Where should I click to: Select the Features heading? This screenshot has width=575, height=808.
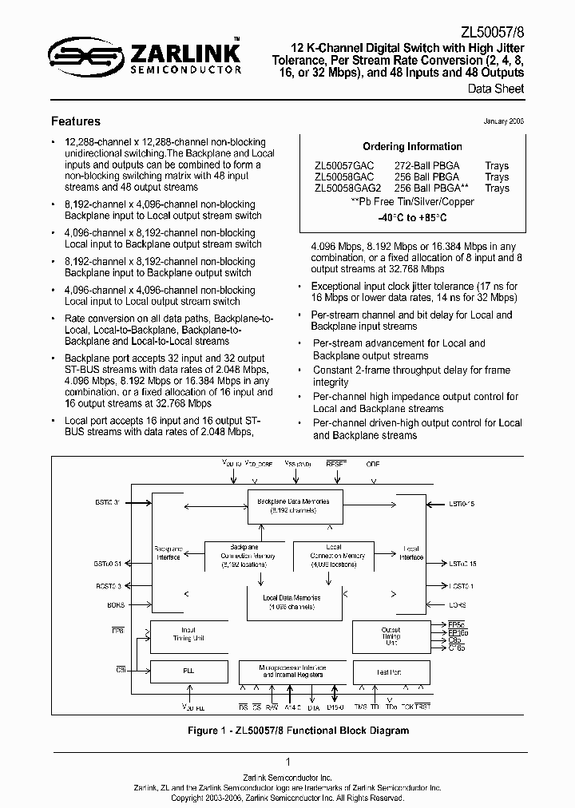[x=76, y=121]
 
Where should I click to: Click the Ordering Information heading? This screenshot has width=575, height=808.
[x=412, y=147]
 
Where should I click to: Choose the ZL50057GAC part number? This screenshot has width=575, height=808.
[x=344, y=166]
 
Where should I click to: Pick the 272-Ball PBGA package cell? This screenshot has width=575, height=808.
[x=426, y=166]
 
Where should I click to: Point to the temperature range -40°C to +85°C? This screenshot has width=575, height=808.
[x=412, y=216]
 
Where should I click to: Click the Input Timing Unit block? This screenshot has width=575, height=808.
[x=188, y=635]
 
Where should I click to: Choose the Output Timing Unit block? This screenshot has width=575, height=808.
[x=391, y=636]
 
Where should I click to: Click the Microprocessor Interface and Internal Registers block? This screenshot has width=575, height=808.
[x=292, y=671]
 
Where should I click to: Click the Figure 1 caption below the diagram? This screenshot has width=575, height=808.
[x=287, y=731]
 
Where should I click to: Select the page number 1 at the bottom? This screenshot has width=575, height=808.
[x=287, y=762]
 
